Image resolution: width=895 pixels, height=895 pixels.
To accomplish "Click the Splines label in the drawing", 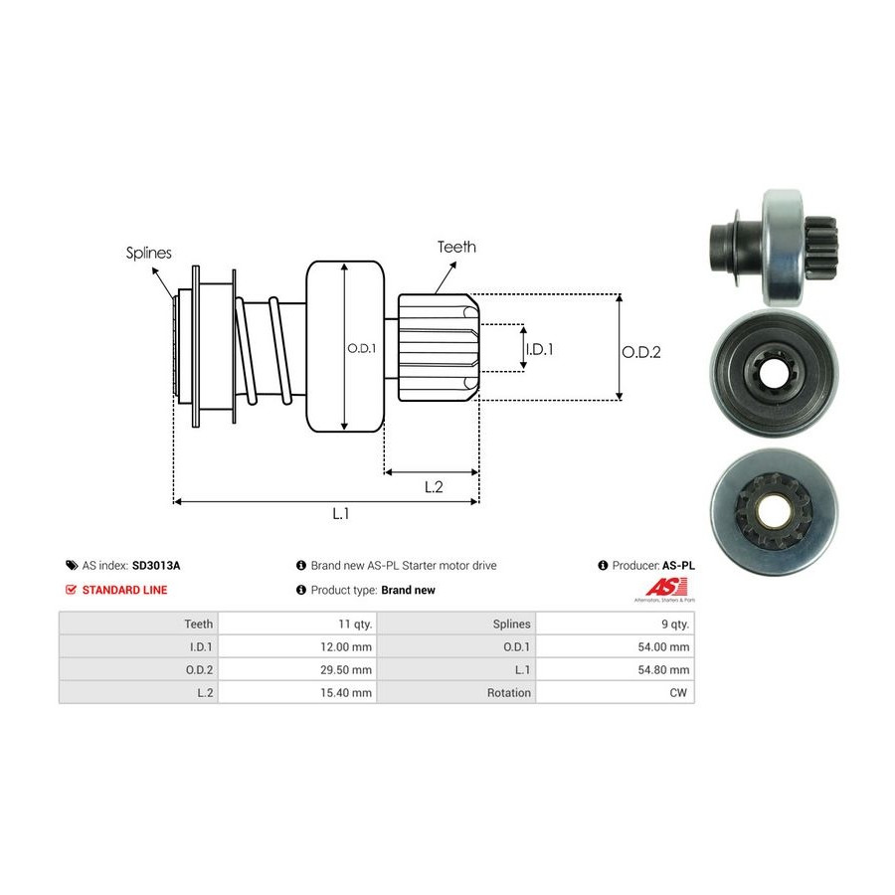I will point(148,253).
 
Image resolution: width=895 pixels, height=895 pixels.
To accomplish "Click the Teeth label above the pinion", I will point(456,247).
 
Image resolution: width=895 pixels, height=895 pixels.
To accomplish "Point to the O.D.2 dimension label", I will point(641,351).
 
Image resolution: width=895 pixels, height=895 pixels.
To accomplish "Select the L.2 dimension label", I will point(434,486).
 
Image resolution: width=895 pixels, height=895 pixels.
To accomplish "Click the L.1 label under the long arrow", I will point(341,514).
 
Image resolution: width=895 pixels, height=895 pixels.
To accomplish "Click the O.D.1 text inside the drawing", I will point(361,349).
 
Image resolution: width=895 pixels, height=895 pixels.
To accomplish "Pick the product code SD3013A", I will point(156,565).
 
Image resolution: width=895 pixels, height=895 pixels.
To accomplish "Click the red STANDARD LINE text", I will point(124,590).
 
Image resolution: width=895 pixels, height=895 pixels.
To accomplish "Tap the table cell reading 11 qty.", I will point(355,624).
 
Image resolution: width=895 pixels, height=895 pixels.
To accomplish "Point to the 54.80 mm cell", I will point(665,669).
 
